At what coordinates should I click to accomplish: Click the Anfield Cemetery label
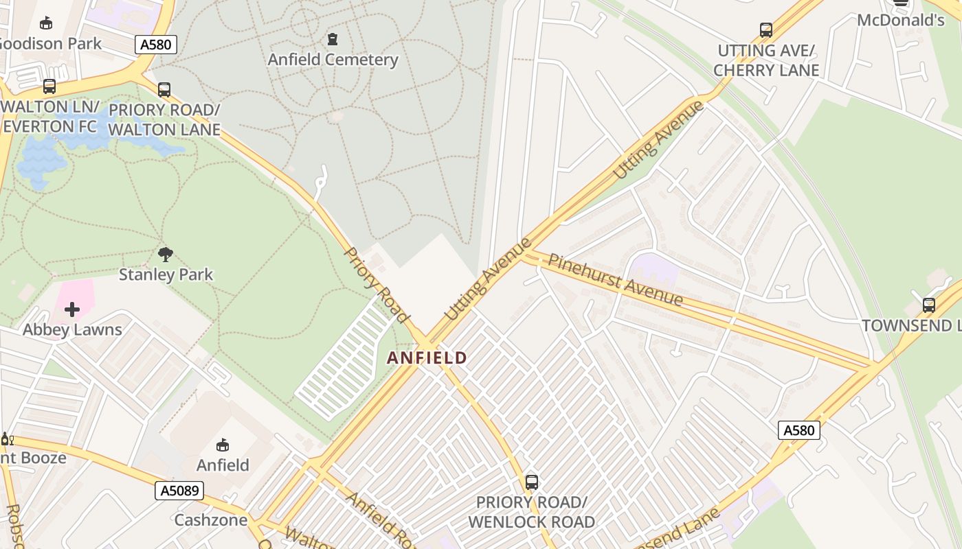(333, 60)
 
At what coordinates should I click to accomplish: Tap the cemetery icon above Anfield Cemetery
(333, 39)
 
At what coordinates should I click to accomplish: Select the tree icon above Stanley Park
(166, 255)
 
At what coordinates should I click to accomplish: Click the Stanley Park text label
(166, 274)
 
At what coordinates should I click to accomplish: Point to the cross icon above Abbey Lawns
(72, 309)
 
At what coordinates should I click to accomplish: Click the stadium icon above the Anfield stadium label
(223, 445)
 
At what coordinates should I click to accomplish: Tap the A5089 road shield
(179, 490)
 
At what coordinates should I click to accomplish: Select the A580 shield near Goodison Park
(156, 45)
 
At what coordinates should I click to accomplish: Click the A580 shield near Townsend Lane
(798, 430)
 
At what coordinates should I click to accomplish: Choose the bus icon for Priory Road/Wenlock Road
(531, 482)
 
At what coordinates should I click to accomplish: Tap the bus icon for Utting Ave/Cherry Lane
(766, 30)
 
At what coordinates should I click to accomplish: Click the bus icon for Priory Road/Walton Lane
(164, 89)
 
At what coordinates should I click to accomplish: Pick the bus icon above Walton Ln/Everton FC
(49, 86)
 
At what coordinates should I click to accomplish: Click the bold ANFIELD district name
(427, 358)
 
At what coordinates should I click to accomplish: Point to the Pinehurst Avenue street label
(615, 279)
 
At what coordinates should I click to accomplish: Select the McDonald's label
(900, 20)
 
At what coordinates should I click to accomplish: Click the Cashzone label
(210, 519)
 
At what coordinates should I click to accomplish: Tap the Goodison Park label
(49, 43)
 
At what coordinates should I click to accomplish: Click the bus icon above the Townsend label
(929, 305)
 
